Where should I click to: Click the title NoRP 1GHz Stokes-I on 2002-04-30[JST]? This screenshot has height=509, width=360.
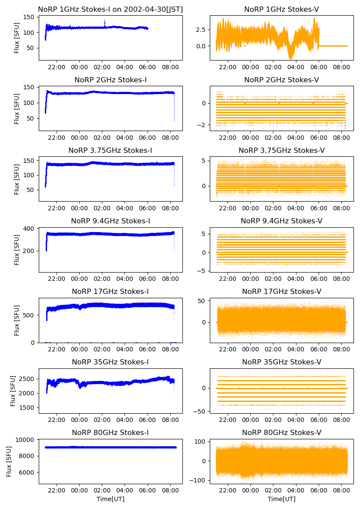[x=111, y=9]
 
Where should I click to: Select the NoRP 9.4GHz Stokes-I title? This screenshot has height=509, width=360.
[x=111, y=221]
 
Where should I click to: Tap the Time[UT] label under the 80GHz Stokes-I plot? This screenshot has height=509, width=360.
[x=111, y=499]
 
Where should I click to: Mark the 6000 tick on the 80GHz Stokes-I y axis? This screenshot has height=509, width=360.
[x=28, y=472]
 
